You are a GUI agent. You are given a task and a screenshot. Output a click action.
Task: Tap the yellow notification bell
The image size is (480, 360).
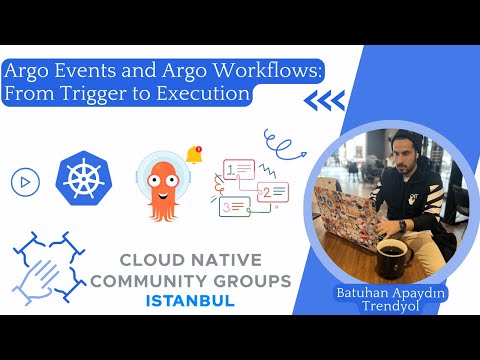pyautogui.click(x=194, y=155)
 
